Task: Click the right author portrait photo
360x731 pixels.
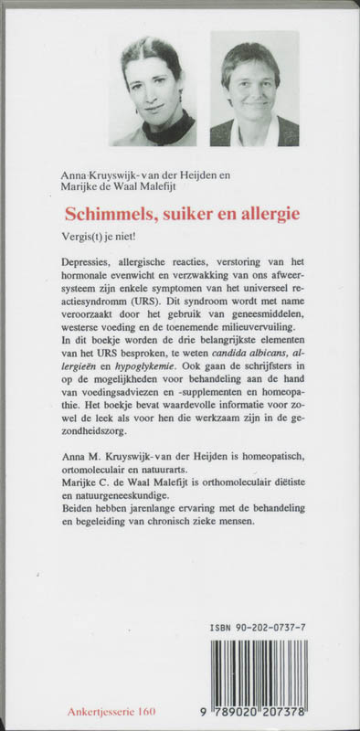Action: [x=254, y=89]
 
